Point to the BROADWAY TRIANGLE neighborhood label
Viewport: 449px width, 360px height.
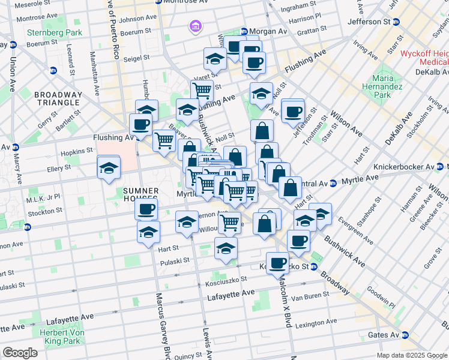pyautogui.click(x=58, y=99)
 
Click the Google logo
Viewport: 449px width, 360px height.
pyautogui.click(x=20, y=353)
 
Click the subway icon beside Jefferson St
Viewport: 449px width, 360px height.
pyautogui.click(x=396, y=22)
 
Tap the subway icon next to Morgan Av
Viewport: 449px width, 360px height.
pyautogui.click(x=244, y=31)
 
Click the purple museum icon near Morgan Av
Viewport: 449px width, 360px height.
pyautogui.click(x=195, y=26)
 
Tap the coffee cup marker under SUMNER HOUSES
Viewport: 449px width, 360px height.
pyautogui.click(x=146, y=209)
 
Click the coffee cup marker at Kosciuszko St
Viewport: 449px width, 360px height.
pyautogui.click(x=277, y=263)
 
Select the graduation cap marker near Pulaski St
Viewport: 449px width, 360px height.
pyautogui.click(x=225, y=248)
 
